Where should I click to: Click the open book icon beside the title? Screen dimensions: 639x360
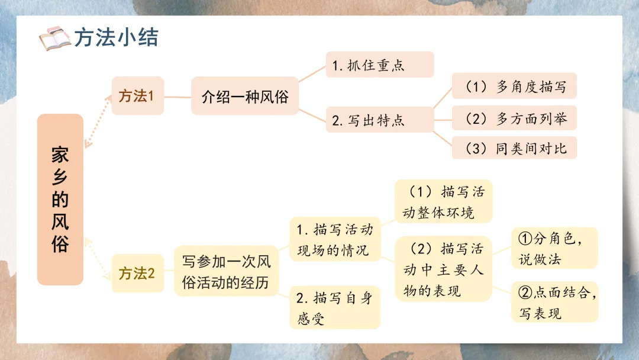click(54, 38)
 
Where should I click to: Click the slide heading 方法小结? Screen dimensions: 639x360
click(117, 38)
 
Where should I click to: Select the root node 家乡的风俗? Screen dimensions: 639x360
click(60, 200)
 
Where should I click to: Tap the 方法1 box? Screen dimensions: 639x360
click(137, 96)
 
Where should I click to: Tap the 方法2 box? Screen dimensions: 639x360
click(137, 274)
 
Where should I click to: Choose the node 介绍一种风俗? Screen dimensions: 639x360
click(244, 96)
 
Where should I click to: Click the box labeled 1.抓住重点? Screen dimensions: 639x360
click(379, 65)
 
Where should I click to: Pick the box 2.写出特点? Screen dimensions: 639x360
click(379, 120)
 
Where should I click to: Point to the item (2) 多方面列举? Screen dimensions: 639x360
click(514, 118)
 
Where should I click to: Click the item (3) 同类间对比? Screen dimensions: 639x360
click(514, 147)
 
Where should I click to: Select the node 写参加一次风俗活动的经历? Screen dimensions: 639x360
click(226, 271)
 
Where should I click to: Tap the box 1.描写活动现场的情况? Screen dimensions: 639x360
click(334, 239)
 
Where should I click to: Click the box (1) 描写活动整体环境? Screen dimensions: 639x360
click(443, 202)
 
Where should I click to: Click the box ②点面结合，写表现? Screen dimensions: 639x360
click(554, 301)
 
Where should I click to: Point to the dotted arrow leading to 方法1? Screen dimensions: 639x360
click(98, 121)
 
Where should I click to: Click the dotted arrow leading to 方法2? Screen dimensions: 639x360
click(98, 258)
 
